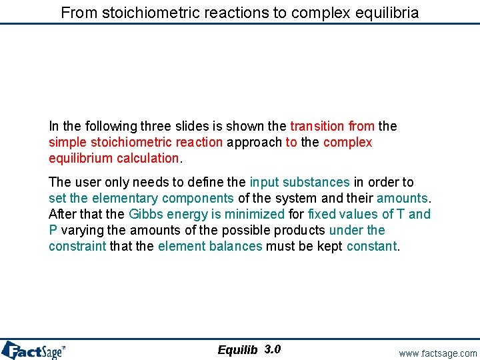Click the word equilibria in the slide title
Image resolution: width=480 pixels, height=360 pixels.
(x=387, y=12)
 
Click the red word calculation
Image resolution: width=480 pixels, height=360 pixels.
(x=147, y=158)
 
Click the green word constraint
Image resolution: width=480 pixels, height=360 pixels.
(x=77, y=246)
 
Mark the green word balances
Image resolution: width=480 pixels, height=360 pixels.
(x=237, y=246)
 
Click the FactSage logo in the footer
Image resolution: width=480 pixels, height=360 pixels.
(x=33, y=350)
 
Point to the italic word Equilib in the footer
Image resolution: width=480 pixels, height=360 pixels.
(x=237, y=350)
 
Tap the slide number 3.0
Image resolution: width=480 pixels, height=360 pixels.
(x=272, y=349)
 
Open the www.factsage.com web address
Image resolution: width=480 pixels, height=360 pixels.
(x=438, y=353)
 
